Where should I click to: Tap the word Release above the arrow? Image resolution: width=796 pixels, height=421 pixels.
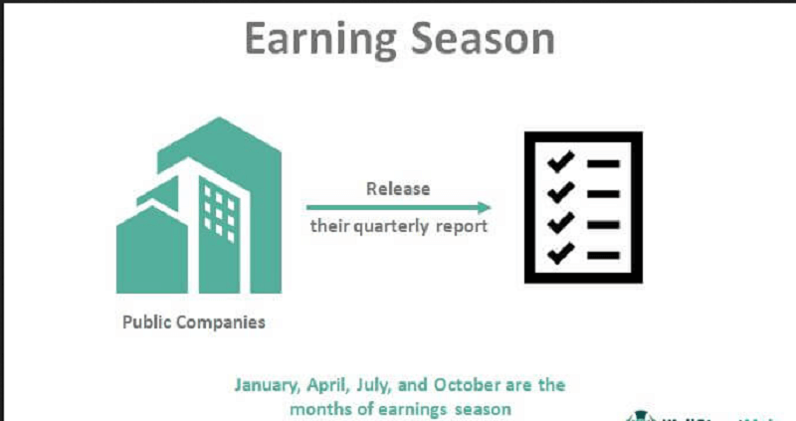tap(398, 188)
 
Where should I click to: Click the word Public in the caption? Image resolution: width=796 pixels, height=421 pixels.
tap(145, 322)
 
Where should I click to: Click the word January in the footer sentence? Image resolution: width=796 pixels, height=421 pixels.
tap(268, 384)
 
